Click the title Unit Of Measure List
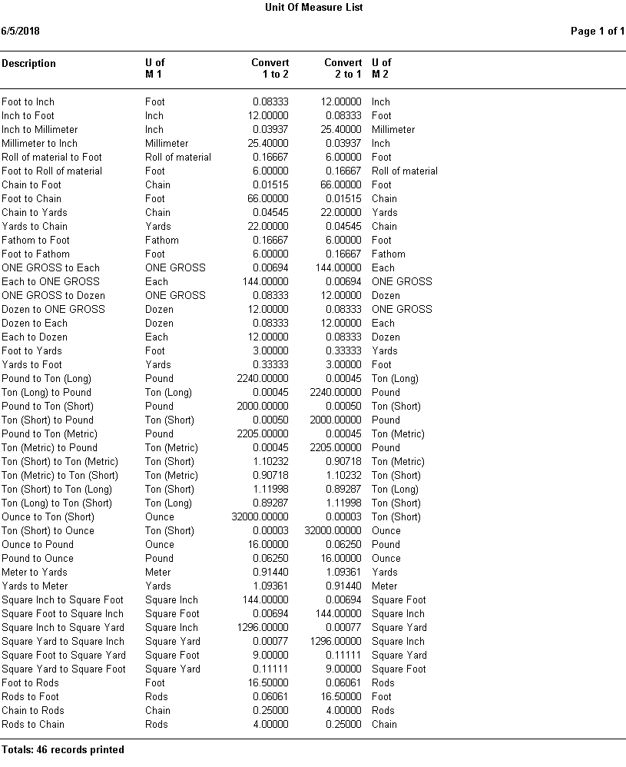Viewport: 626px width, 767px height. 313,7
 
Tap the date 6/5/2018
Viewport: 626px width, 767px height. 21,32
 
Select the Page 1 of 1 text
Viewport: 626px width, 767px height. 597,32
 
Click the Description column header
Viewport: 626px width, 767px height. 28,64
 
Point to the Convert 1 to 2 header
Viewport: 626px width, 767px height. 270,68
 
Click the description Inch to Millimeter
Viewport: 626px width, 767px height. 39,130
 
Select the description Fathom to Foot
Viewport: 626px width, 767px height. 35,241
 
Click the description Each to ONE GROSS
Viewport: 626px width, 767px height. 51,282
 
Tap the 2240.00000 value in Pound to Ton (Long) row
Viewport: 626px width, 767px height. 263,379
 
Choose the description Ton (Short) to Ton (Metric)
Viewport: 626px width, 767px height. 60,462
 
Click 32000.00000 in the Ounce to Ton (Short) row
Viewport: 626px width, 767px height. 260,517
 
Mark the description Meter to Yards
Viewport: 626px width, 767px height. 35,573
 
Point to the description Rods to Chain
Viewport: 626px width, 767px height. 33,725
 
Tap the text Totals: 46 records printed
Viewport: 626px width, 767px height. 63,750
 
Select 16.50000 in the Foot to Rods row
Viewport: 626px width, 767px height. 270,683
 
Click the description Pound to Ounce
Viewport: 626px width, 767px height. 38,559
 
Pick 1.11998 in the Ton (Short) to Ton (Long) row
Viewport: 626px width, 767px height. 270,490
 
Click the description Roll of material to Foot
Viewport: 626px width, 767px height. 51,158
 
